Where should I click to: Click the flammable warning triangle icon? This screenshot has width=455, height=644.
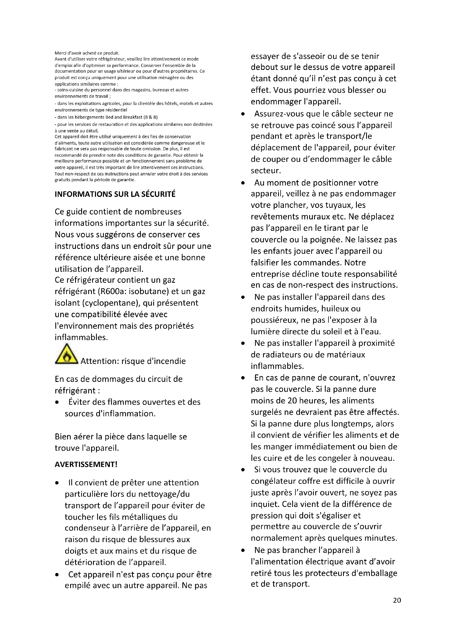(66, 354)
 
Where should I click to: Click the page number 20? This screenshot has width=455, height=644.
(397, 600)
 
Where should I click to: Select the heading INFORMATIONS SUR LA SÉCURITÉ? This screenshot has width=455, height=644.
(115, 194)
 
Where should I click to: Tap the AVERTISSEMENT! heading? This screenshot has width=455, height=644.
(86, 464)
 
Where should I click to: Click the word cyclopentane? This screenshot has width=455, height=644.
(108, 303)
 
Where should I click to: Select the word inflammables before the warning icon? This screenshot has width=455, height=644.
(81, 337)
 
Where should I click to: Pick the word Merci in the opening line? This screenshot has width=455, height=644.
(60, 53)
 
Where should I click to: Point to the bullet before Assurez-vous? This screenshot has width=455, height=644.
(243, 114)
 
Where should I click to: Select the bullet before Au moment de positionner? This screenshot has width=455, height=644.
(243, 183)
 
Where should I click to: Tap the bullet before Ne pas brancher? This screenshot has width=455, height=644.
(243, 551)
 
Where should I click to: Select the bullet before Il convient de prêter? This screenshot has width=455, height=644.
(57, 483)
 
